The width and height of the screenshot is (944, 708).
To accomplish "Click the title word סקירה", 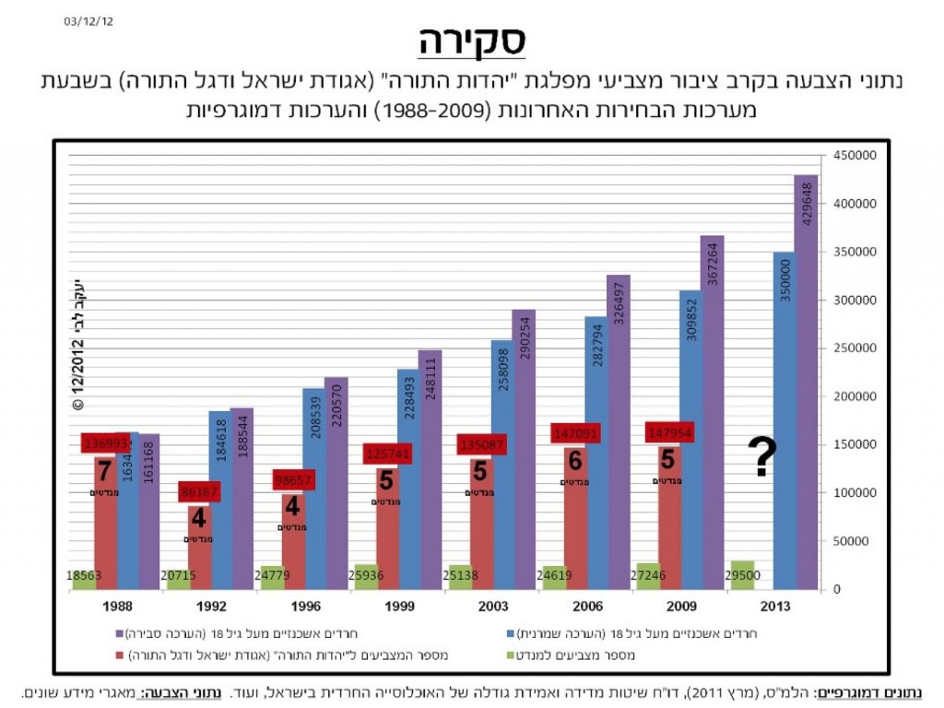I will [471, 41].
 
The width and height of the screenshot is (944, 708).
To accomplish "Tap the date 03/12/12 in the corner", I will [90, 19].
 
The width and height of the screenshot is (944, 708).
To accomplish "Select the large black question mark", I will [761, 456].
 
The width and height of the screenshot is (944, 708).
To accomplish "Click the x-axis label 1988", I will [116, 607].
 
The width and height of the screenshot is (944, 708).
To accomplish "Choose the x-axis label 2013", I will [773, 607].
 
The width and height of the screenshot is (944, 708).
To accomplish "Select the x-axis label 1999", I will [398, 607].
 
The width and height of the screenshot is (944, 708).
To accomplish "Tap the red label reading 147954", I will [668, 433].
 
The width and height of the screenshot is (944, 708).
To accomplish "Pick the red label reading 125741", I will [386, 454].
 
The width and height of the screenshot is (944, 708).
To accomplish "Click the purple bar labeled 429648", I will [806, 382].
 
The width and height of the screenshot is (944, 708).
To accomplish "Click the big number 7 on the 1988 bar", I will [104, 470].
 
